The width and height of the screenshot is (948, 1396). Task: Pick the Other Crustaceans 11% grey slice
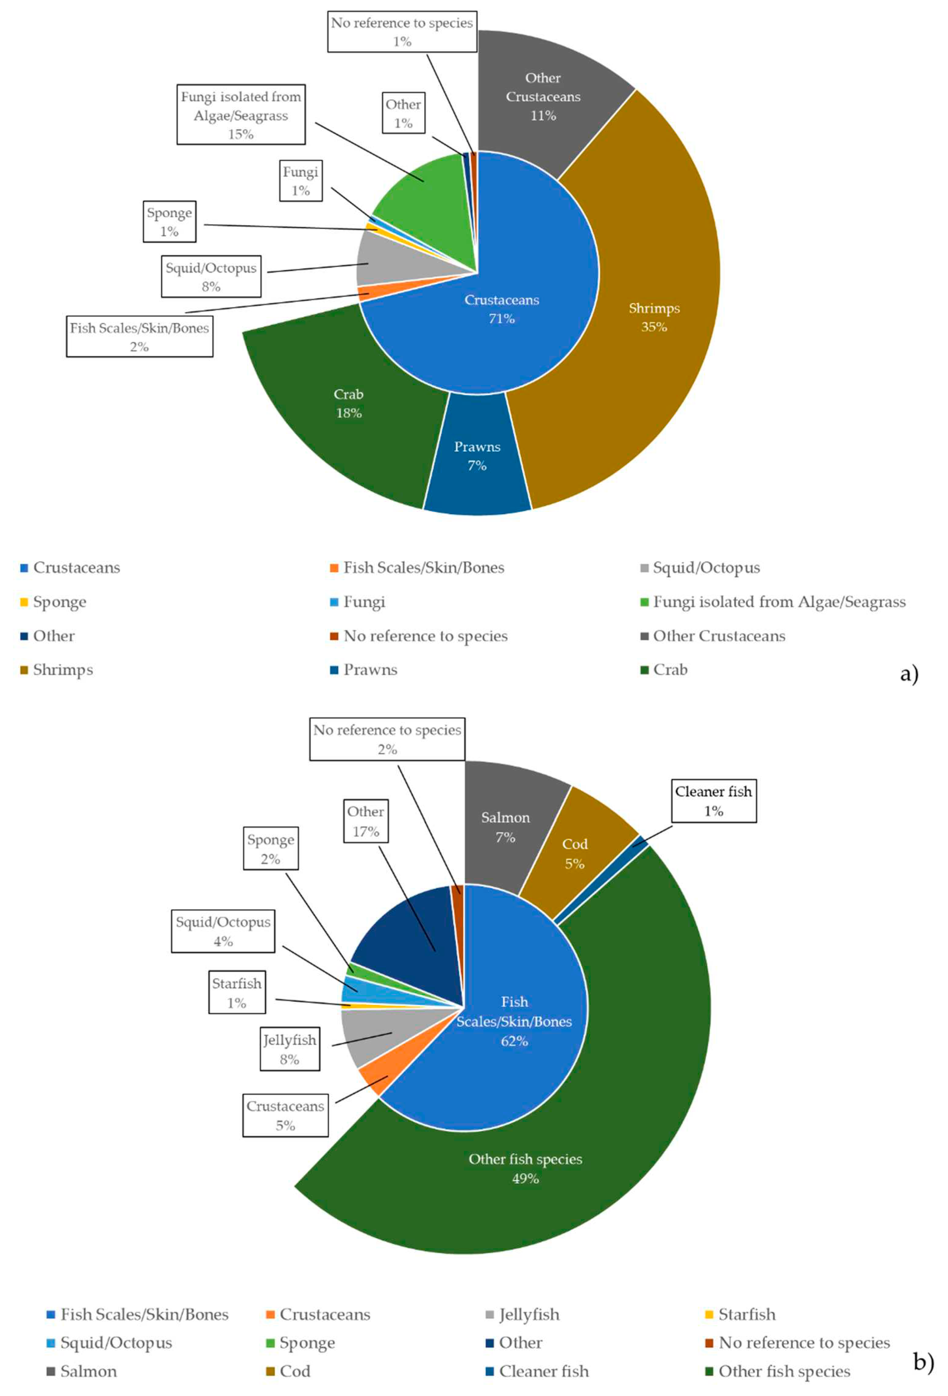pos(543,96)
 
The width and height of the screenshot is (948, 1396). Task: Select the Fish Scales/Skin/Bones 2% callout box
pos(140,337)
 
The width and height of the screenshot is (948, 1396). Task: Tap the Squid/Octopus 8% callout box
pos(211,277)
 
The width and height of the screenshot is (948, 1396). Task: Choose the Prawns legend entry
pos(370,670)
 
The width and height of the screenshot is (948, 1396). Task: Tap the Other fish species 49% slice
pos(525,1168)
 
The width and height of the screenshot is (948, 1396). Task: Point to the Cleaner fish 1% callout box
pos(713,801)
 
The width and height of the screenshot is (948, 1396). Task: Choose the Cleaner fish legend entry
pos(543,1371)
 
